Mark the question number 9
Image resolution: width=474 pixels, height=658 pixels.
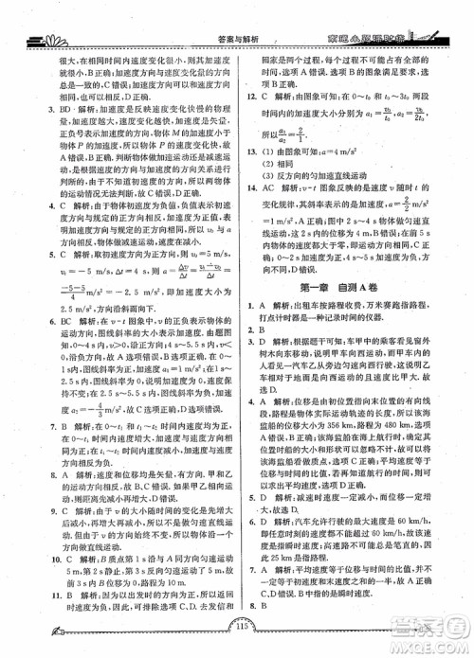(x=35, y=512)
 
